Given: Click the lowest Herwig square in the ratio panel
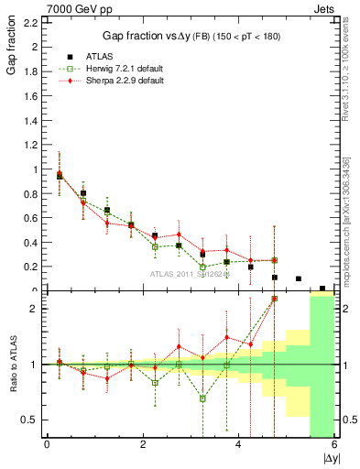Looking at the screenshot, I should tap(202, 398).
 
